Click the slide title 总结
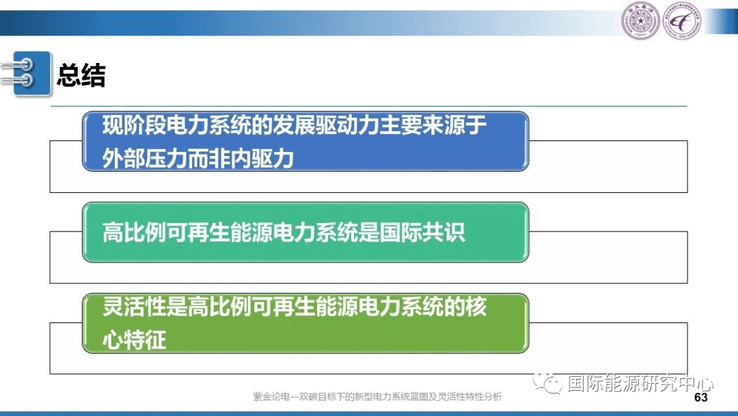(81, 75)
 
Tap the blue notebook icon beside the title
(27, 73)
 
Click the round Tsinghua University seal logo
(640, 21)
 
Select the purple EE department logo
(681, 21)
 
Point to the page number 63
(701, 397)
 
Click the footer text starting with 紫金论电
(377, 397)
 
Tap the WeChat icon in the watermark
(547, 382)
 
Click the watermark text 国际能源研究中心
(640, 383)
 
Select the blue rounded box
(305, 142)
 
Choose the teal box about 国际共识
(305, 232)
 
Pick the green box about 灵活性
(305, 323)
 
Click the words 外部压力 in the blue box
(144, 159)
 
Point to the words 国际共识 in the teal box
(422, 232)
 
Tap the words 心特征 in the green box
(135, 340)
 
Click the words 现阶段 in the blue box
(134, 125)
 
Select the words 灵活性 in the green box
(134, 307)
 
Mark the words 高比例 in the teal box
(134, 232)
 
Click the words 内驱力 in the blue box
(262, 159)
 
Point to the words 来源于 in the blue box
(454, 125)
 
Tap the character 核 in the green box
(476, 307)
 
